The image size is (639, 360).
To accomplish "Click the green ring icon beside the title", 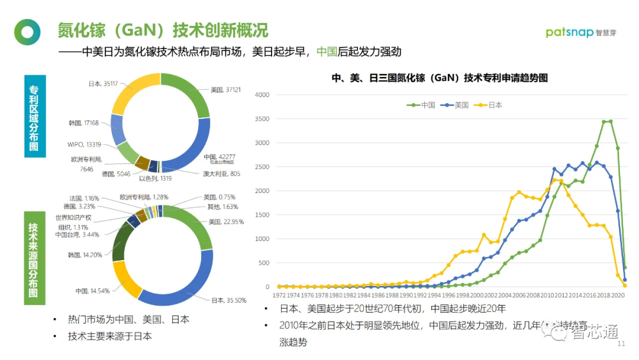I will (27, 32).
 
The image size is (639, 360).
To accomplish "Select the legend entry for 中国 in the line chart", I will (422, 105).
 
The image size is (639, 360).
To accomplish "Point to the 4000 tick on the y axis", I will (262, 95).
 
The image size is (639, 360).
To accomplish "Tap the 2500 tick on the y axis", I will (262, 167).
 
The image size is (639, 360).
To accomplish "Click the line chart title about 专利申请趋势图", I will (439, 78).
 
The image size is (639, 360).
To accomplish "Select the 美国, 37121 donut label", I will (226, 90).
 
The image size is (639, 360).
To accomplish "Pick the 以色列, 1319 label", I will (155, 178).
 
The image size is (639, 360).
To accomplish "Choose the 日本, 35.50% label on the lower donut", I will (228, 300).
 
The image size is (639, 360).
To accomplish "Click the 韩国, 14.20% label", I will (85, 255).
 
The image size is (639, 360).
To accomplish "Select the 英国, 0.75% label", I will (220, 197).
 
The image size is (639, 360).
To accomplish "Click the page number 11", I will (621, 345).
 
